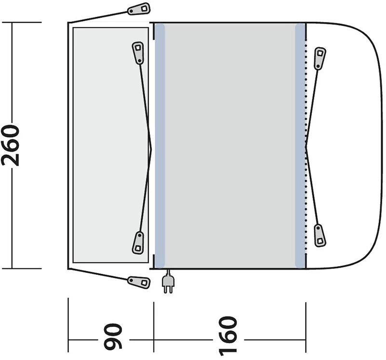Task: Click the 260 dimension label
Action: coord(10,145)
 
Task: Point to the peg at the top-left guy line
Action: coord(139,9)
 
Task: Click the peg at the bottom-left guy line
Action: coord(139,282)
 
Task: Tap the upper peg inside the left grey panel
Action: coord(138,53)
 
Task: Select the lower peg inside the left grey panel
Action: coord(138,243)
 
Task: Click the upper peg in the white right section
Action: coord(320,58)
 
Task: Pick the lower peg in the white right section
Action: coord(319,235)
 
